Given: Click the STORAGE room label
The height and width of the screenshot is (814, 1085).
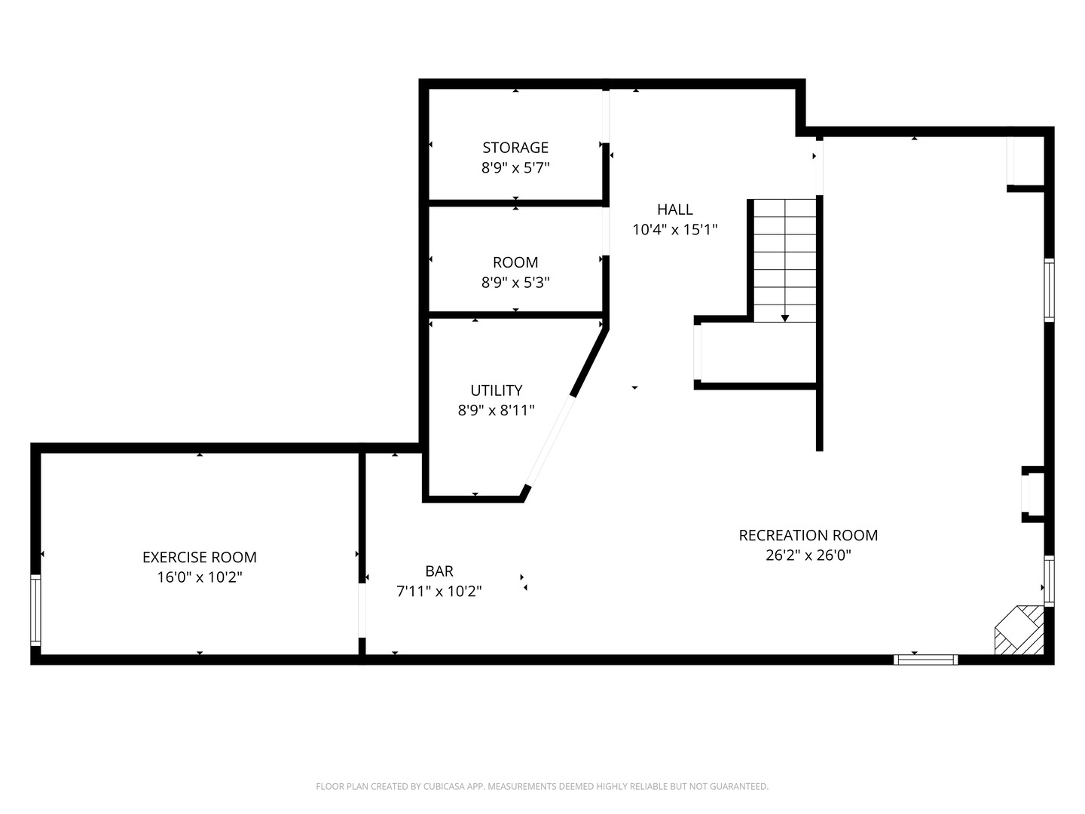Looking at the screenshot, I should (515, 148).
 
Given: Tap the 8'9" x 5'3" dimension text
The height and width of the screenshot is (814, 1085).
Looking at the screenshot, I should (515, 283).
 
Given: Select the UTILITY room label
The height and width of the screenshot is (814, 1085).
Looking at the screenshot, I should (496, 390).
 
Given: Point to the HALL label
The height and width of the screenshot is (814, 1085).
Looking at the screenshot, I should (674, 210).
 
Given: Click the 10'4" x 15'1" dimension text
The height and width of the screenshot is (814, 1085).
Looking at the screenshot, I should (674, 230).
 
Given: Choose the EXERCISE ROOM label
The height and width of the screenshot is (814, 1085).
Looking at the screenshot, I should (199, 557).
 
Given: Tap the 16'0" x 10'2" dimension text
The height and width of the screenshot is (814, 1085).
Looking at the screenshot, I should (199, 577).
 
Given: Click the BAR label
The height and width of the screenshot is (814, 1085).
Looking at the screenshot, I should (439, 571).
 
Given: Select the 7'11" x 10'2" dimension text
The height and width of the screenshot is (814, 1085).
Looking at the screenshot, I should (439, 592).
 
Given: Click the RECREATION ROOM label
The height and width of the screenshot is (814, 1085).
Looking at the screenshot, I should (808, 535).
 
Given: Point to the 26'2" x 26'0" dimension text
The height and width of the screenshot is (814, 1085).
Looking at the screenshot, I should (808, 555).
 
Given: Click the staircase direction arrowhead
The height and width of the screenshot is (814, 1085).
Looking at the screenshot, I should (784, 318).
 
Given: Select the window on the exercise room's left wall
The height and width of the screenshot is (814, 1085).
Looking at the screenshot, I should (35, 610).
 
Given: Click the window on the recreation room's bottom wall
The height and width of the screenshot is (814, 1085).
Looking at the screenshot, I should (925, 659).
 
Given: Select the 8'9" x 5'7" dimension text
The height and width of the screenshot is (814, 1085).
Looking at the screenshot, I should (515, 168).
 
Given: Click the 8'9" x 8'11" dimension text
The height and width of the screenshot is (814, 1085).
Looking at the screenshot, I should (496, 411).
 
